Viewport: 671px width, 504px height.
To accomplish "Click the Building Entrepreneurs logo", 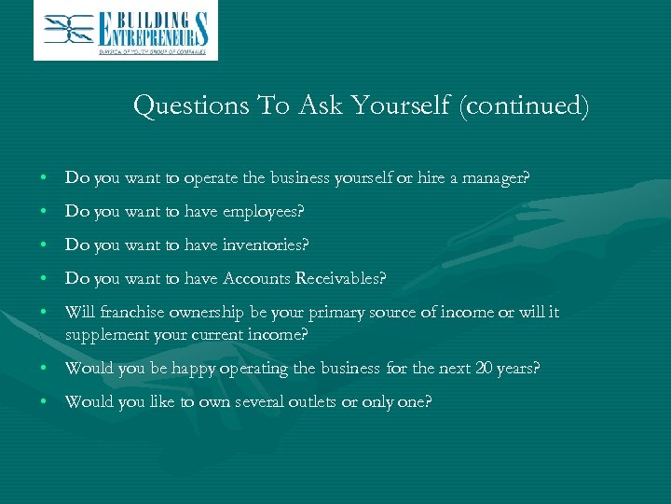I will [x=126, y=31].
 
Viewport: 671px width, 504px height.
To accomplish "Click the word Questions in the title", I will [x=189, y=105].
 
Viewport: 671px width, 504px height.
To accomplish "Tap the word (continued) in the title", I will [x=523, y=105].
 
